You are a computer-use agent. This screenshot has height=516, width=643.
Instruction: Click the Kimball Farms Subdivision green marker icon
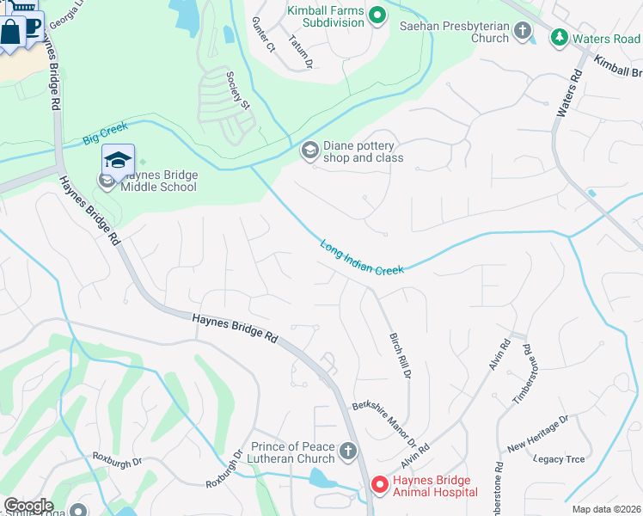(x=377, y=15)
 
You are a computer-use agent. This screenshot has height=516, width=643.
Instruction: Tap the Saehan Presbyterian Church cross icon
(x=523, y=32)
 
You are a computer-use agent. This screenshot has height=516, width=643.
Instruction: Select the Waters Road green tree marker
(x=560, y=39)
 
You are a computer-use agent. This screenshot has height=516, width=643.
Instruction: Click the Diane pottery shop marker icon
(x=309, y=151)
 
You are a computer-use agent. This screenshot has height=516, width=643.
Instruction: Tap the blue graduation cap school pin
(x=118, y=160)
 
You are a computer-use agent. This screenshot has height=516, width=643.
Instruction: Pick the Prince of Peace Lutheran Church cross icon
(x=347, y=451)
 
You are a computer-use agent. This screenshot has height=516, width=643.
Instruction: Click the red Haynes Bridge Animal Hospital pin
(x=378, y=485)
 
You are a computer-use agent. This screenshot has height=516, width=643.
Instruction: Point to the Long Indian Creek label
(x=362, y=258)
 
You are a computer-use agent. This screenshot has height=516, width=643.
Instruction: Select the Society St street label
(x=237, y=91)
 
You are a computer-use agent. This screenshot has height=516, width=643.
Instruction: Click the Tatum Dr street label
(x=301, y=52)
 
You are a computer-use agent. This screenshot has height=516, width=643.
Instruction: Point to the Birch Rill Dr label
(x=401, y=356)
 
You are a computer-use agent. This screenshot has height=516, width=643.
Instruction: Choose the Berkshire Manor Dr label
(x=389, y=425)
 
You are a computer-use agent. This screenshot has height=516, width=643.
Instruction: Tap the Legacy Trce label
(x=559, y=459)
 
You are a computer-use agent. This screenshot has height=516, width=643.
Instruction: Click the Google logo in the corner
(x=28, y=505)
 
